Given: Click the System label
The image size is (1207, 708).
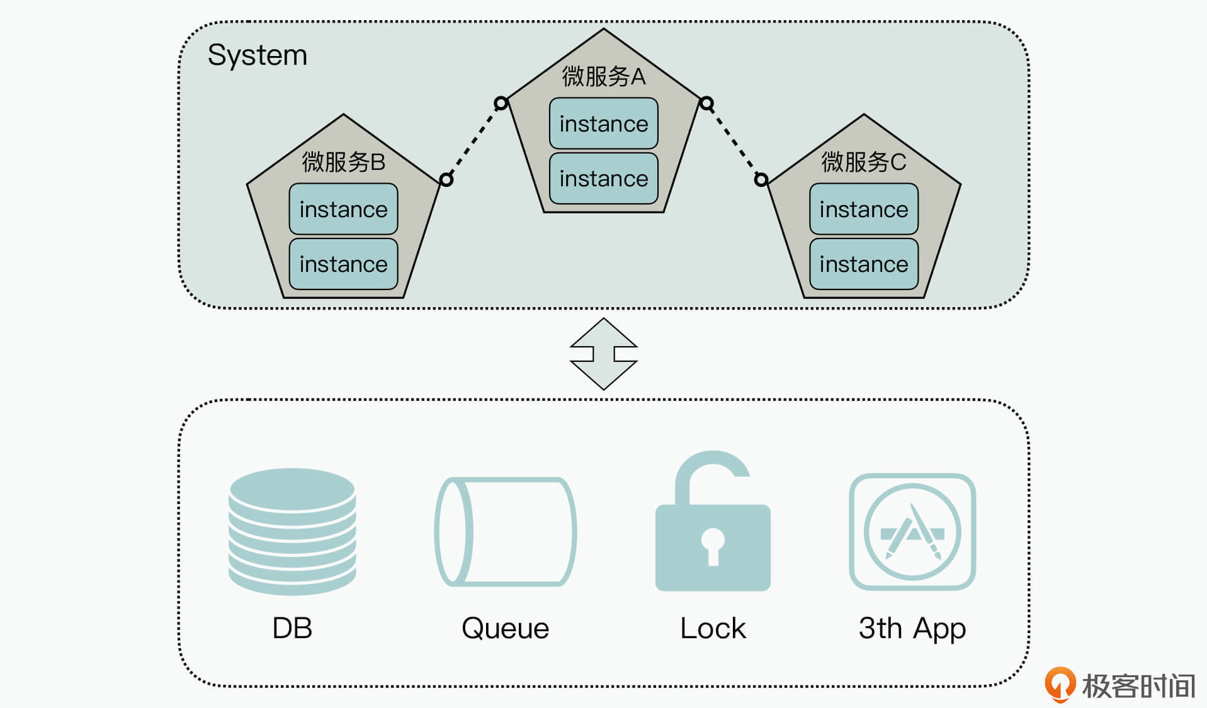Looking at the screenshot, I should click(257, 55).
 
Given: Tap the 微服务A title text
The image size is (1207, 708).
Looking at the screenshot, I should click(603, 77).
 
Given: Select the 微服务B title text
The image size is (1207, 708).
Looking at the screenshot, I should click(343, 162).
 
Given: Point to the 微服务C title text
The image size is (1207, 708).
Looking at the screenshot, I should click(863, 162).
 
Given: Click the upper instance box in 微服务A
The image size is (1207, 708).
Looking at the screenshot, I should click(603, 123).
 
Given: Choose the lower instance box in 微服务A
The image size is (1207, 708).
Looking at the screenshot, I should click(603, 179).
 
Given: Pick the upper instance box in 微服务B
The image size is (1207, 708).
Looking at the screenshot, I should click(343, 209).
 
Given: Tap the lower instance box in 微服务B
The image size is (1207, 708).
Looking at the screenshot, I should click(343, 264).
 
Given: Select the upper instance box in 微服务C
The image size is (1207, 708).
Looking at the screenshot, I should click(863, 209).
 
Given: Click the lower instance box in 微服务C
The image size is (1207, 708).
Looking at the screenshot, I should click(863, 264).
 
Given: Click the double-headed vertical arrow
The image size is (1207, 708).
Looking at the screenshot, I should click(603, 354).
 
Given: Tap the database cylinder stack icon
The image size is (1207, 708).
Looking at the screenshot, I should click(292, 531).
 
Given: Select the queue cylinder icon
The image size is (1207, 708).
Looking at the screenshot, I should click(505, 532).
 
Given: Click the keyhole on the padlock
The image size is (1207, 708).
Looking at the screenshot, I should click(713, 545).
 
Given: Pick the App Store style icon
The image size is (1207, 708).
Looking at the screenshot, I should click(912, 532).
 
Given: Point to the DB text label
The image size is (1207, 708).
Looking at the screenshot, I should click(292, 628).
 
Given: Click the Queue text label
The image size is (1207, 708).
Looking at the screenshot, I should click(505, 628).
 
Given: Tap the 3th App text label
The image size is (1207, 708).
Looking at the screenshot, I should click(912, 628).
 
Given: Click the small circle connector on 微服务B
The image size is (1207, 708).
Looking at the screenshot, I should click(446, 180).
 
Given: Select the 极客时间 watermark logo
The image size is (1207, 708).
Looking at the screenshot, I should click(1120, 685).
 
